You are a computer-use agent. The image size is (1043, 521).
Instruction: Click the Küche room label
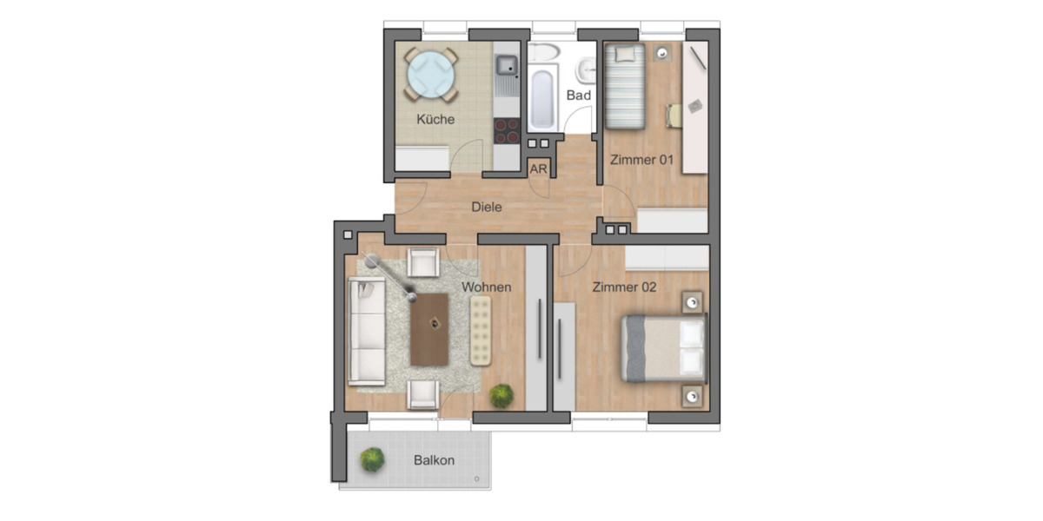point(435,119)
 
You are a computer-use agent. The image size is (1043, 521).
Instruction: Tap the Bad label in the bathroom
point(579,95)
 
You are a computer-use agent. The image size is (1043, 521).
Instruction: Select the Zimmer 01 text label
point(641,160)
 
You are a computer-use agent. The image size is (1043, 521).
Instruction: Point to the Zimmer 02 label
point(623,287)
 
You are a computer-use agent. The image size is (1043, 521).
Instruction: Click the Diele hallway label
point(487,208)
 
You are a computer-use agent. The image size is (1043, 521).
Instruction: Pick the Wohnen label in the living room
point(486,287)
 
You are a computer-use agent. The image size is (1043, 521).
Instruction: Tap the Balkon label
point(434,460)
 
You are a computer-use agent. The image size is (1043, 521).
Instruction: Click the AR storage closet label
point(539,169)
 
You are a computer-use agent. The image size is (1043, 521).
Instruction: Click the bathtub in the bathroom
point(541,98)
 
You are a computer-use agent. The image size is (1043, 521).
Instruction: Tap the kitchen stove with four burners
point(506,130)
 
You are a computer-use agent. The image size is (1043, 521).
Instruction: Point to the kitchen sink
point(506,65)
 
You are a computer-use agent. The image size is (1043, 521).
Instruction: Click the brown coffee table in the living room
point(429,329)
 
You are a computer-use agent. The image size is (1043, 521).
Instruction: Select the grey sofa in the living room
point(367,331)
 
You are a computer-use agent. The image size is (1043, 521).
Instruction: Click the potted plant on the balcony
point(372,459)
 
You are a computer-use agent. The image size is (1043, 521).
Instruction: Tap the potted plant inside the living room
point(501,396)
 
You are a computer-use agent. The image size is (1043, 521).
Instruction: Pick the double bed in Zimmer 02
point(663,347)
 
